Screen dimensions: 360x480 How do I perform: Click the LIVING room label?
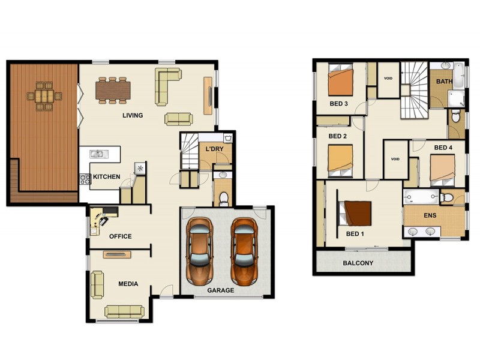(x=133, y=115)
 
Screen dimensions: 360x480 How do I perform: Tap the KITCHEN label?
(x=106, y=177)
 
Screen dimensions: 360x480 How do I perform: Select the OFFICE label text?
(x=120, y=236)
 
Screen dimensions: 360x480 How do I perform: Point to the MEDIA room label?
(x=128, y=284)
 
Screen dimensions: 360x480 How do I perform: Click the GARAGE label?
(x=220, y=290)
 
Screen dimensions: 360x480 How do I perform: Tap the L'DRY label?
(x=214, y=149)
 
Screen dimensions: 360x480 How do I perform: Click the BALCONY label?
(x=358, y=263)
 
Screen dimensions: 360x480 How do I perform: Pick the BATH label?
(x=444, y=82)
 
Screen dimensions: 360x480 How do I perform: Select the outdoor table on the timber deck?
(x=44, y=95)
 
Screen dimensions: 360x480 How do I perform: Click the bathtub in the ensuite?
(x=421, y=197)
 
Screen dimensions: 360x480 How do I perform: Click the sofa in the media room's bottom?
(x=124, y=311)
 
